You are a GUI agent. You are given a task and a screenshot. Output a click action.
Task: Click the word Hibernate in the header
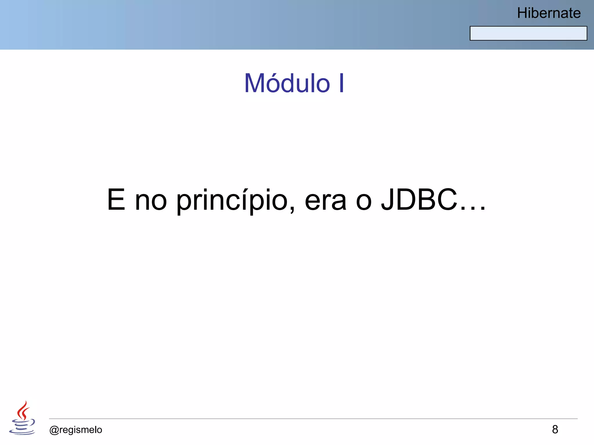pos(549,13)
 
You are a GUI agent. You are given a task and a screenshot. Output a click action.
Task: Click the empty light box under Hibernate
pos(528,33)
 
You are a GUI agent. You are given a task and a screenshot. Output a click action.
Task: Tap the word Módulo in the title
pos(287,83)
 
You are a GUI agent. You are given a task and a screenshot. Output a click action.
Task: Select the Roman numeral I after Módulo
pos(341,83)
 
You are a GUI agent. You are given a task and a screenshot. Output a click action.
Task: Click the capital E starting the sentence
pos(116,200)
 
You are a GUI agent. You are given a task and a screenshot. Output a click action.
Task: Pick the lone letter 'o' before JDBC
pos(364,201)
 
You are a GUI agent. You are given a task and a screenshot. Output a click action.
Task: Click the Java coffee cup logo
pos(22,418)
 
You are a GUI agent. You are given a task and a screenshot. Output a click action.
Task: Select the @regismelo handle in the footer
pos(76,430)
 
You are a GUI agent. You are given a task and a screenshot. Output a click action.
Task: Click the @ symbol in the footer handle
pos(54,430)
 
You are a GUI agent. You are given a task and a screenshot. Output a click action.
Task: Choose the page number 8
pos(555,429)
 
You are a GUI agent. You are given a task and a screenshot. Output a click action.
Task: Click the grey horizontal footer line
pos(313,419)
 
